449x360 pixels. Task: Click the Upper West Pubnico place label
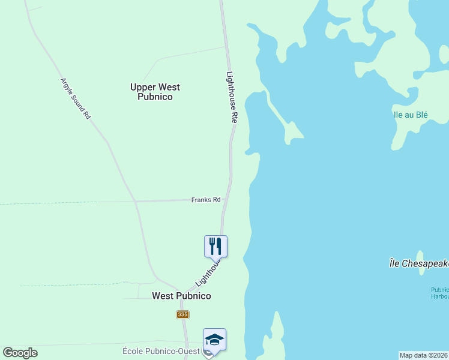point(155,92)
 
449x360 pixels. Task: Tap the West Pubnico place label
point(181,296)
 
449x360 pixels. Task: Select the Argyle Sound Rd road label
point(75,98)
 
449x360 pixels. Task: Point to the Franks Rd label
point(206,199)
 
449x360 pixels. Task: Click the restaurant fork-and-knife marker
point(215,245)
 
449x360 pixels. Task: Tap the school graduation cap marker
point(214,339)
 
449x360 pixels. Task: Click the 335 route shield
point(183,314)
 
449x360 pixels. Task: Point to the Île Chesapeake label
point(418,263)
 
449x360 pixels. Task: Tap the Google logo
point(20,353)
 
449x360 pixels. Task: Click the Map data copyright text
point(423,355)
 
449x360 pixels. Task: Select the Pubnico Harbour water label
point(439,293)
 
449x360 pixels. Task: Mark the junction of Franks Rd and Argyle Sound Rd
point(136,201)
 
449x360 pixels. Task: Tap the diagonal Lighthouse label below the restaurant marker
point(208,272)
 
